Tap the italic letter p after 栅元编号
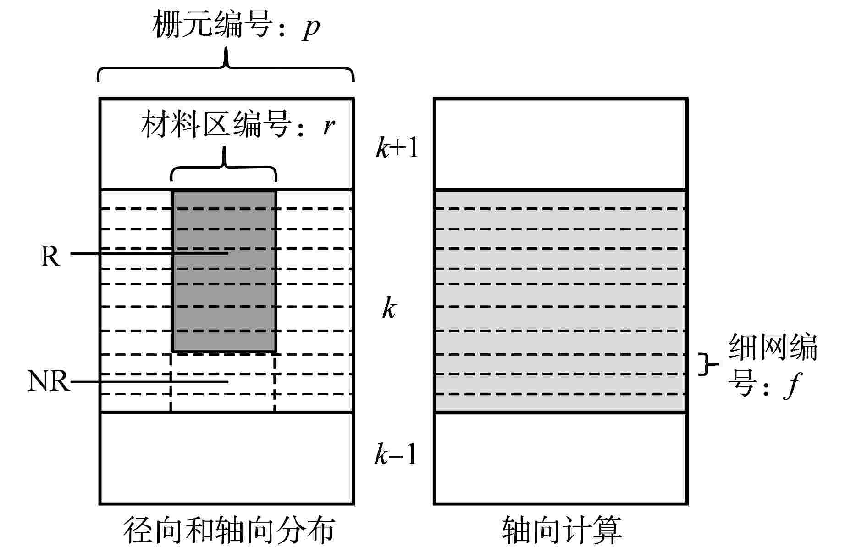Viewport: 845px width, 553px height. tap(310, 28)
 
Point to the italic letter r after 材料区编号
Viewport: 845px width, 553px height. tap(328, 126)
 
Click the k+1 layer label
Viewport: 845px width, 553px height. tap(397, 148)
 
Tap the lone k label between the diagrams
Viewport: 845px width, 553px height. tap(389, 308)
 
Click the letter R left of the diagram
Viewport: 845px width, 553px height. tap(50, 256)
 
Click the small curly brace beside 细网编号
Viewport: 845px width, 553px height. tap(706, 364)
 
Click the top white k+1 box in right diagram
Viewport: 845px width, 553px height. tap(560, 144)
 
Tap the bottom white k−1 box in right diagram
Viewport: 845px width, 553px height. tap(560, 458)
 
